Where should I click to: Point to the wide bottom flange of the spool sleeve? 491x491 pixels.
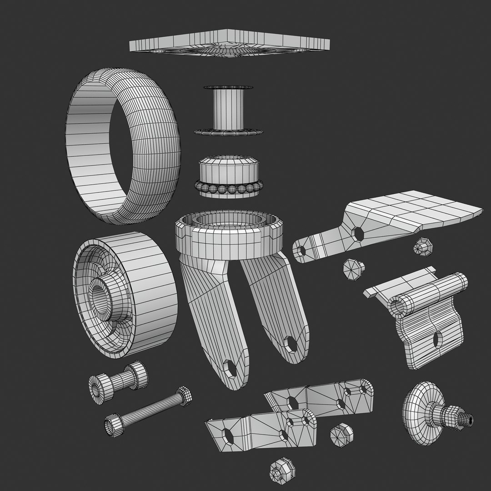pyautogui.click(x=229, y=132)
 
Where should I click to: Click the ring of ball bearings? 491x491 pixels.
pyautogui.click(x=229, y=188)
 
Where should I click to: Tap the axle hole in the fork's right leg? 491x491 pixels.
pyautogui.click(x=290, y=344)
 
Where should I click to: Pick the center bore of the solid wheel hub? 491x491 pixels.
pyautogui.click(x=100, y=298)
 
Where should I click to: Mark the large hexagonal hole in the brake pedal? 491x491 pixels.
pyautogui.click(x=359, y=234)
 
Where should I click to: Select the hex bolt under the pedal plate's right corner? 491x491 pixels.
pyautogui.click(x=423, y=247)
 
